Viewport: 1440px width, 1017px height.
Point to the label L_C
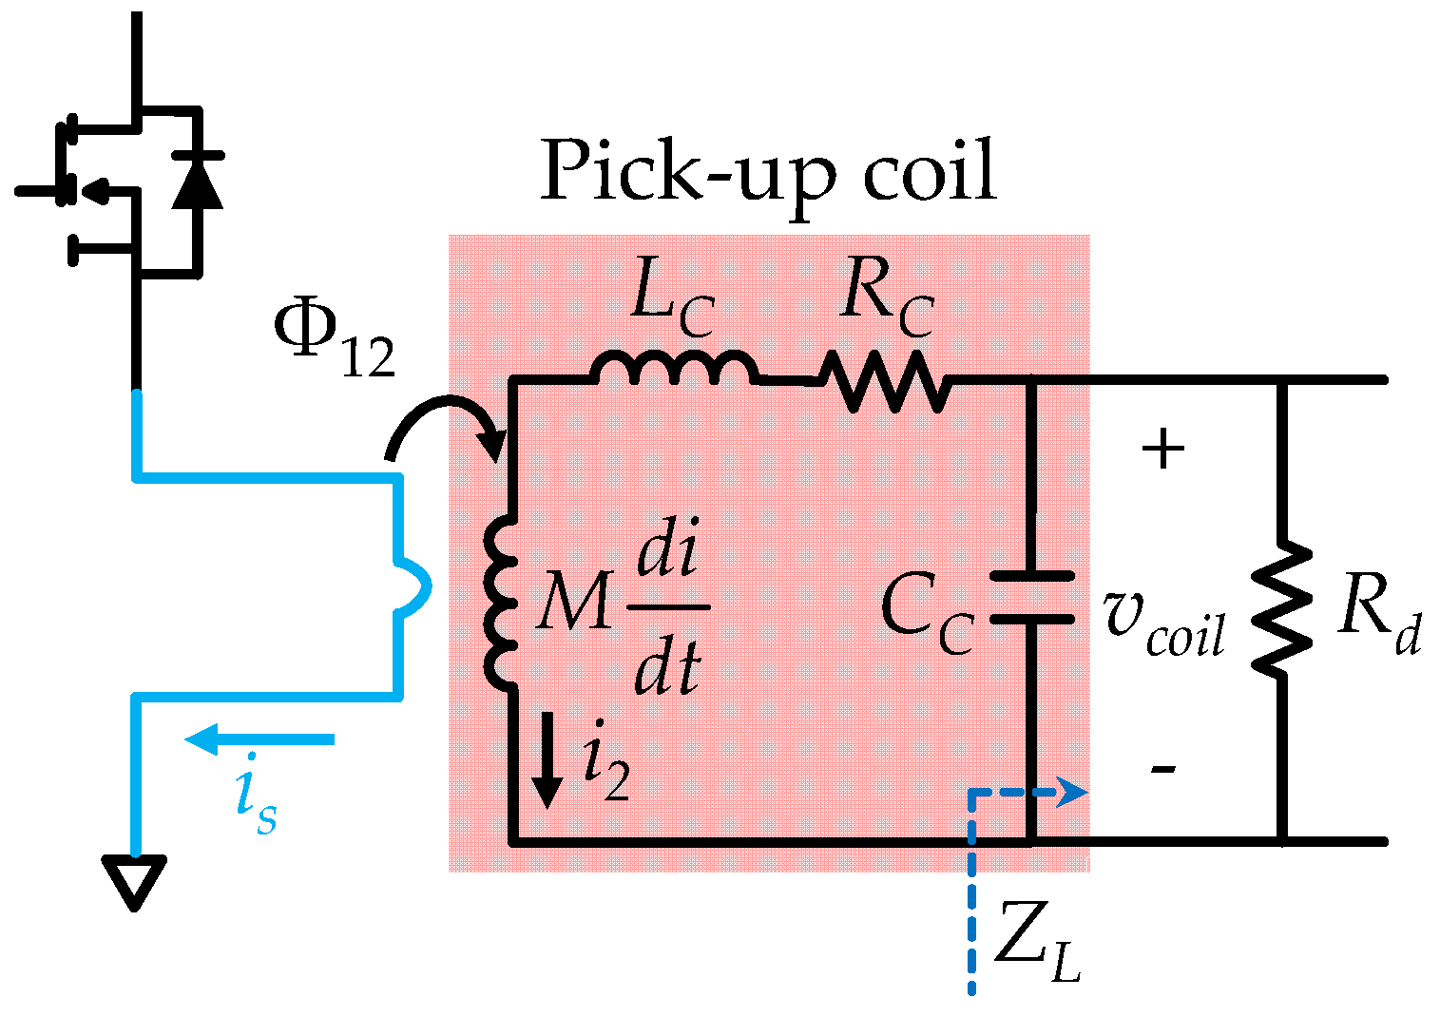(672, 305)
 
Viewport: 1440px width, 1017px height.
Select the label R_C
(887, 302)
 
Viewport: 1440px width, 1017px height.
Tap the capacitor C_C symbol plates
(1032, 597)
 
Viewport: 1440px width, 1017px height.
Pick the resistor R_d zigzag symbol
(1282, 608)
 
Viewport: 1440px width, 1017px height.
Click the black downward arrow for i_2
(547, 773)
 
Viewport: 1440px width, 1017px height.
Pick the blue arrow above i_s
(259, 739)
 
